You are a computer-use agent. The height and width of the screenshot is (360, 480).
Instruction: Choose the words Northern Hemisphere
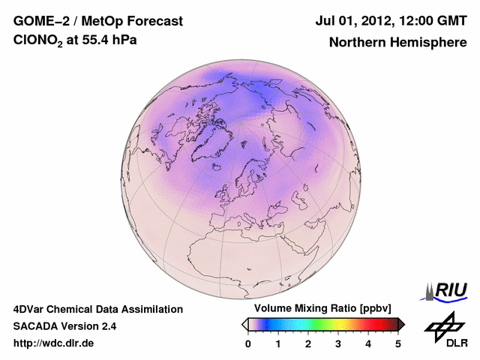(x=397, y=43)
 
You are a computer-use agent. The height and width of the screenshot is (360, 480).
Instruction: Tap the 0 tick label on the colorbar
(x=248, y=343)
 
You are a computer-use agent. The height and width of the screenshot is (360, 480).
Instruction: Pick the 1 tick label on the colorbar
(x=278, y=343)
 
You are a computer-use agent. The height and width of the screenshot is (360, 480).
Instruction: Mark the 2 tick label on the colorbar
(x=308, y=343)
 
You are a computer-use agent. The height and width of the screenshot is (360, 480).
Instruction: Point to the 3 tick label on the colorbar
(x=338, y=343)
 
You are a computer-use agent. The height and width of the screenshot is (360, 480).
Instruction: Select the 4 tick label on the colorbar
(x=368, y=343)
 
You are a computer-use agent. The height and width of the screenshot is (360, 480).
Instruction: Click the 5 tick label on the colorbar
(x=398, y=343)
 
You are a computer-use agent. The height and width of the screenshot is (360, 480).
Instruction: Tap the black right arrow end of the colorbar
(x=401, y=324)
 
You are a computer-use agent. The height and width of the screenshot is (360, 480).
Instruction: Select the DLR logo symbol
(x=443, y=325)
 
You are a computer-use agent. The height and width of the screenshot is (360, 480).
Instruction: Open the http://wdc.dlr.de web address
(x=54, y=343)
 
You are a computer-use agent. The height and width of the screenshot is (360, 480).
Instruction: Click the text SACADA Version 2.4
(x=64, y=326)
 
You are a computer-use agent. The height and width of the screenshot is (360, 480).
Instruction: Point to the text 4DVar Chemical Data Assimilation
(x=98, y=309)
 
